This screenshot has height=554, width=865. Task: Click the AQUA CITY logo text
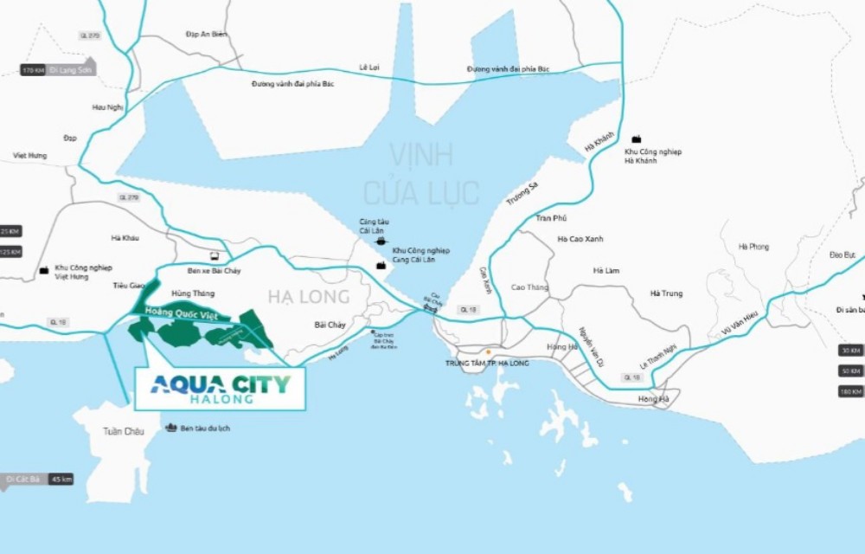[x=220, y=383]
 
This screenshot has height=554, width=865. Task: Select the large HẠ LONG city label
[x=308, y=297]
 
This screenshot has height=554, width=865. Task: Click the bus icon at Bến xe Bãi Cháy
[x=215, y=256]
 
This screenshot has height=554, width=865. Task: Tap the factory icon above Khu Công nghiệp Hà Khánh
[x=637, y=138]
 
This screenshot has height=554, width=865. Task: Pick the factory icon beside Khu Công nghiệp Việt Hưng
[x=44, y=271]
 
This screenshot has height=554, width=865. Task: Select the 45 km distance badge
[x=61, y=479]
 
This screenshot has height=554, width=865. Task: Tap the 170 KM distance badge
[x=33, y=69]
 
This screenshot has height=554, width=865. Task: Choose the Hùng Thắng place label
[x=193, y=293]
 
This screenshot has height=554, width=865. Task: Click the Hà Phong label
[x=753, y=247]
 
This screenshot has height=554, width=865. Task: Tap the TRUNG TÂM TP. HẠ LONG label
[x=487, y=363]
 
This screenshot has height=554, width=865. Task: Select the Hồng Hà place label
[x=654, y=398]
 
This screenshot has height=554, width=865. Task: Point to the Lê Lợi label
[x=370, y=67]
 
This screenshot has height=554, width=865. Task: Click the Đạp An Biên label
[x=207, y=34]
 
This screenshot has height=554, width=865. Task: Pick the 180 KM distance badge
[x=850, y=392]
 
